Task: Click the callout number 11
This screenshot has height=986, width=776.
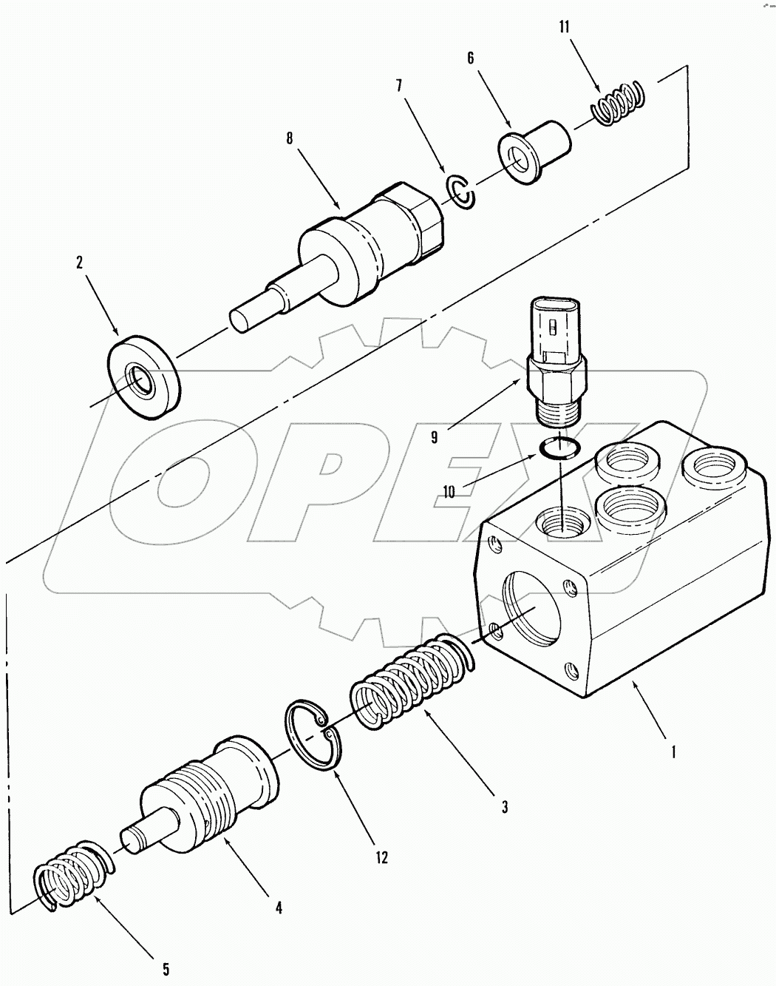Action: coord(564,27)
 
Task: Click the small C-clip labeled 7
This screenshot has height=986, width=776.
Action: coord(463,192)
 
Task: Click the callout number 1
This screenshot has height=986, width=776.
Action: coord(672,754)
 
